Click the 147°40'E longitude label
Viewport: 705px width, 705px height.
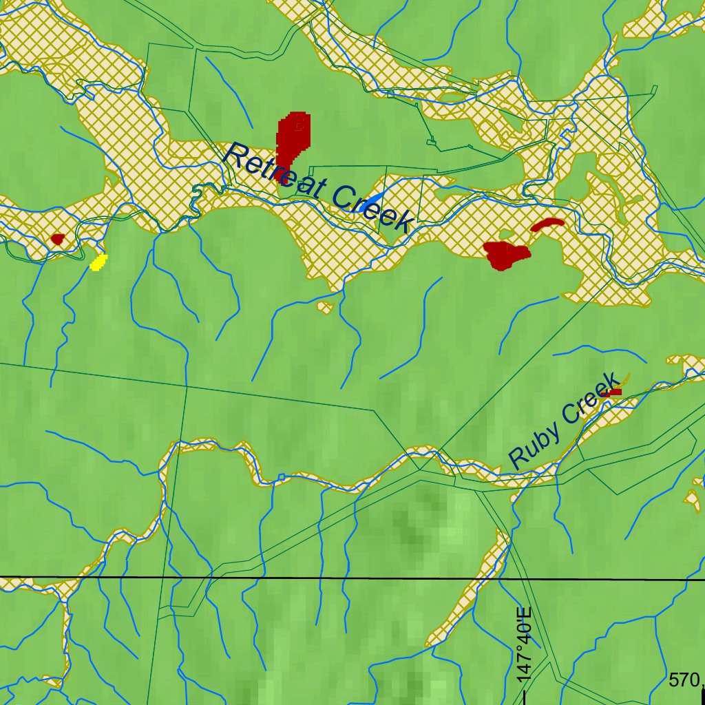point(524,644)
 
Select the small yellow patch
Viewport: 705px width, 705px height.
point(99,262)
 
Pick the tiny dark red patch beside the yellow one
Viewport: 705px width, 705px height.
point(57,239)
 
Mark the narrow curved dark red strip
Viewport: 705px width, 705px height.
point(547,224)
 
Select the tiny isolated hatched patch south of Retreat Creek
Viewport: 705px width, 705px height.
point(326,307)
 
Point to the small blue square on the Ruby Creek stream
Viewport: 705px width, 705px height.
point(281,476)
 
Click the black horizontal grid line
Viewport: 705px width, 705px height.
point(275,578)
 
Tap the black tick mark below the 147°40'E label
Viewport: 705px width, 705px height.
point(525,697)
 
